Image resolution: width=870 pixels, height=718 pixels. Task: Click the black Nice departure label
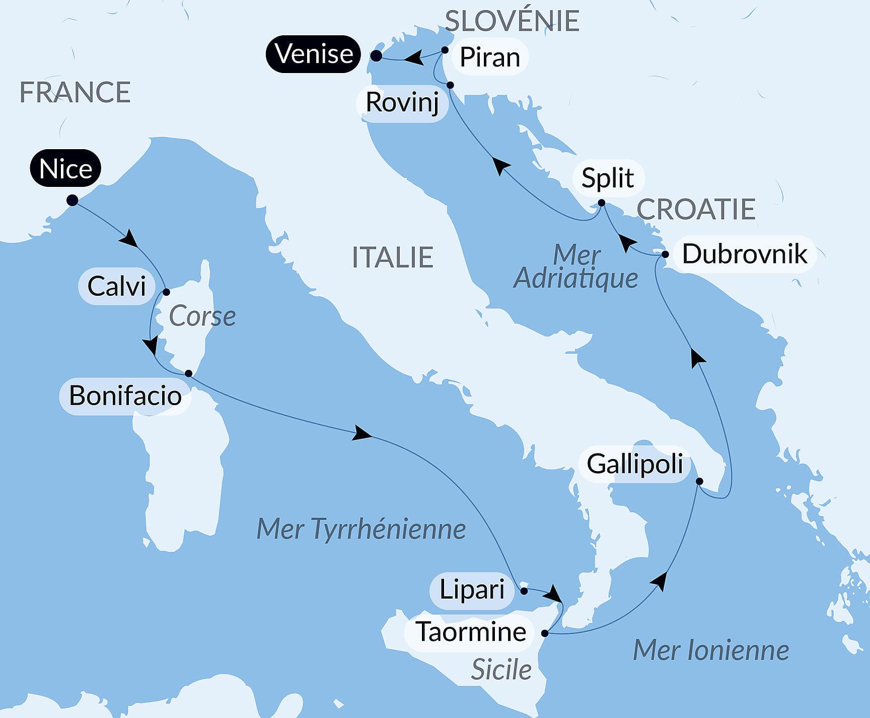click(65, 168)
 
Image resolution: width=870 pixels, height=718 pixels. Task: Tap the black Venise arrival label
click(314, 54)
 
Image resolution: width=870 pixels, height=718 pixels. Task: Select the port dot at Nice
click(72, 201)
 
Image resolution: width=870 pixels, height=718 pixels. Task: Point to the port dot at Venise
click(376, 56)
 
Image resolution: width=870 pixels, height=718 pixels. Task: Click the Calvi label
click(116, 286)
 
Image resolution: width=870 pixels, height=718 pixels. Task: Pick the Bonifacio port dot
click(188, 373)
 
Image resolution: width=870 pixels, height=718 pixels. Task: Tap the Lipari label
click(472, 590)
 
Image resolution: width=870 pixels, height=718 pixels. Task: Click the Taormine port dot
click(545, 633)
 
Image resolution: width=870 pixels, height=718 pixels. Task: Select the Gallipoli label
click(634, 464)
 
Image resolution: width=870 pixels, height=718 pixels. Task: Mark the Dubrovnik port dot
click(665, 254)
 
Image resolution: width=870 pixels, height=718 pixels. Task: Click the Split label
click(607, 178)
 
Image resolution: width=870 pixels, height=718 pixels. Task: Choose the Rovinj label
click(402, 103)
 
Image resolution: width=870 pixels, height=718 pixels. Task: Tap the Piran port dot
click(445, 50)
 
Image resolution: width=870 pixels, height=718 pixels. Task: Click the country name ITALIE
click(392, 257)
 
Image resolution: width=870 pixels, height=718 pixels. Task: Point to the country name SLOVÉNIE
click(512, 21)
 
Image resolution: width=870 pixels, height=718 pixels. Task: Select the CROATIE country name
click(696, 209)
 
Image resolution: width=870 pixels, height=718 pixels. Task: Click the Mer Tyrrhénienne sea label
click(361, 529)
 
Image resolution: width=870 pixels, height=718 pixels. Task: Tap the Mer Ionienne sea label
click(710, 650)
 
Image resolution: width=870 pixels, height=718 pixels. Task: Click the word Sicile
click(501, 670)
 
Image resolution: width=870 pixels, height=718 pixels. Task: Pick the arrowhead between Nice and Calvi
click(129, 238)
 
